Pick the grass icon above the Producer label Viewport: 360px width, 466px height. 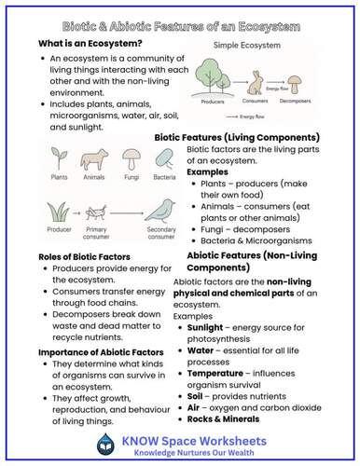52,208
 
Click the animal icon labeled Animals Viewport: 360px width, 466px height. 93,155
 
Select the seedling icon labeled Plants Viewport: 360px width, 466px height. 56,155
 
